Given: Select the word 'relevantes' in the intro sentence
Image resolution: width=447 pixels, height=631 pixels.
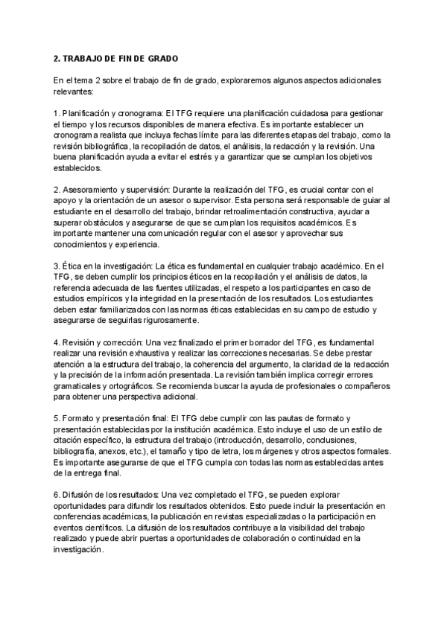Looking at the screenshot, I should (x=74, y=92).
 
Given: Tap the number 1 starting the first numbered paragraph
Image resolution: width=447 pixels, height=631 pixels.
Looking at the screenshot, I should (x=57, y=113).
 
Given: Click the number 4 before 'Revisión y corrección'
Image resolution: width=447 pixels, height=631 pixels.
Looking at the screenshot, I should (x=57, y=342).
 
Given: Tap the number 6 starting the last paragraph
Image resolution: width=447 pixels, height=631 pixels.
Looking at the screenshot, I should (x=57, y=494).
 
